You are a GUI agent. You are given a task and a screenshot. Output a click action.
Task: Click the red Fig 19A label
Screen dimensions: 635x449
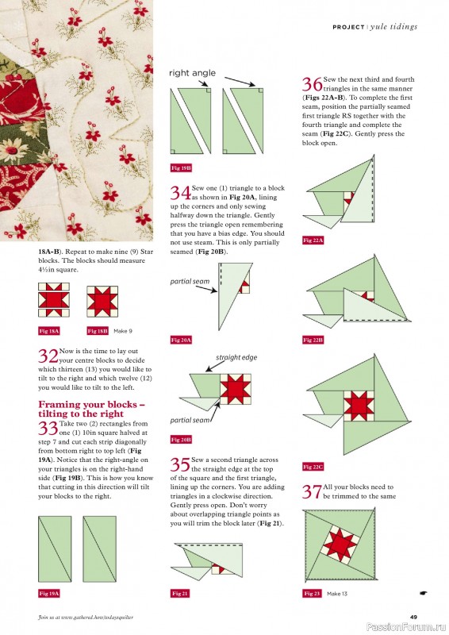[x=49, y=593]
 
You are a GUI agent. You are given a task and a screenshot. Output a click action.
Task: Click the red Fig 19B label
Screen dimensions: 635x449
[x=182, y=168]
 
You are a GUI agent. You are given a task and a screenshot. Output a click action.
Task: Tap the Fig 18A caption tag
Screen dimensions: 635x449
[x=49, y=330]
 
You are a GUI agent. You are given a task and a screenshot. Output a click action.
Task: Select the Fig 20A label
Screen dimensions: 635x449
[x=182, y=339]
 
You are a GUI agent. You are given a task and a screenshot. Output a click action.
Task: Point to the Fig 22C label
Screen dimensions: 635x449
[x=313, y=467]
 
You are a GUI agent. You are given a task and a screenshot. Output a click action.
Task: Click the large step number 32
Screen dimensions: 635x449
[x=48, y=356]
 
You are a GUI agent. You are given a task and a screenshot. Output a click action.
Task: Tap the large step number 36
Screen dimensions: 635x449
[x=313, y=85]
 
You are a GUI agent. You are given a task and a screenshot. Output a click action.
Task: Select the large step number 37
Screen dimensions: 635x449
[x=313, y=491]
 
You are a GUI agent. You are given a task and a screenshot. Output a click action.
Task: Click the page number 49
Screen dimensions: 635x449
[x=413, y=618]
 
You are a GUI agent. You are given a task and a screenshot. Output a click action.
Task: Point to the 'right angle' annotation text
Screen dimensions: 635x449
[x=192, y=73]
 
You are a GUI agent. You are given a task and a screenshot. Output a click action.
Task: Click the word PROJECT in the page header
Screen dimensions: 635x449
[x=347, y=27]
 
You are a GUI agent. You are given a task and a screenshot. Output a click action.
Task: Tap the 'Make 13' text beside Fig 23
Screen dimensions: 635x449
[x=337, y=594]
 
